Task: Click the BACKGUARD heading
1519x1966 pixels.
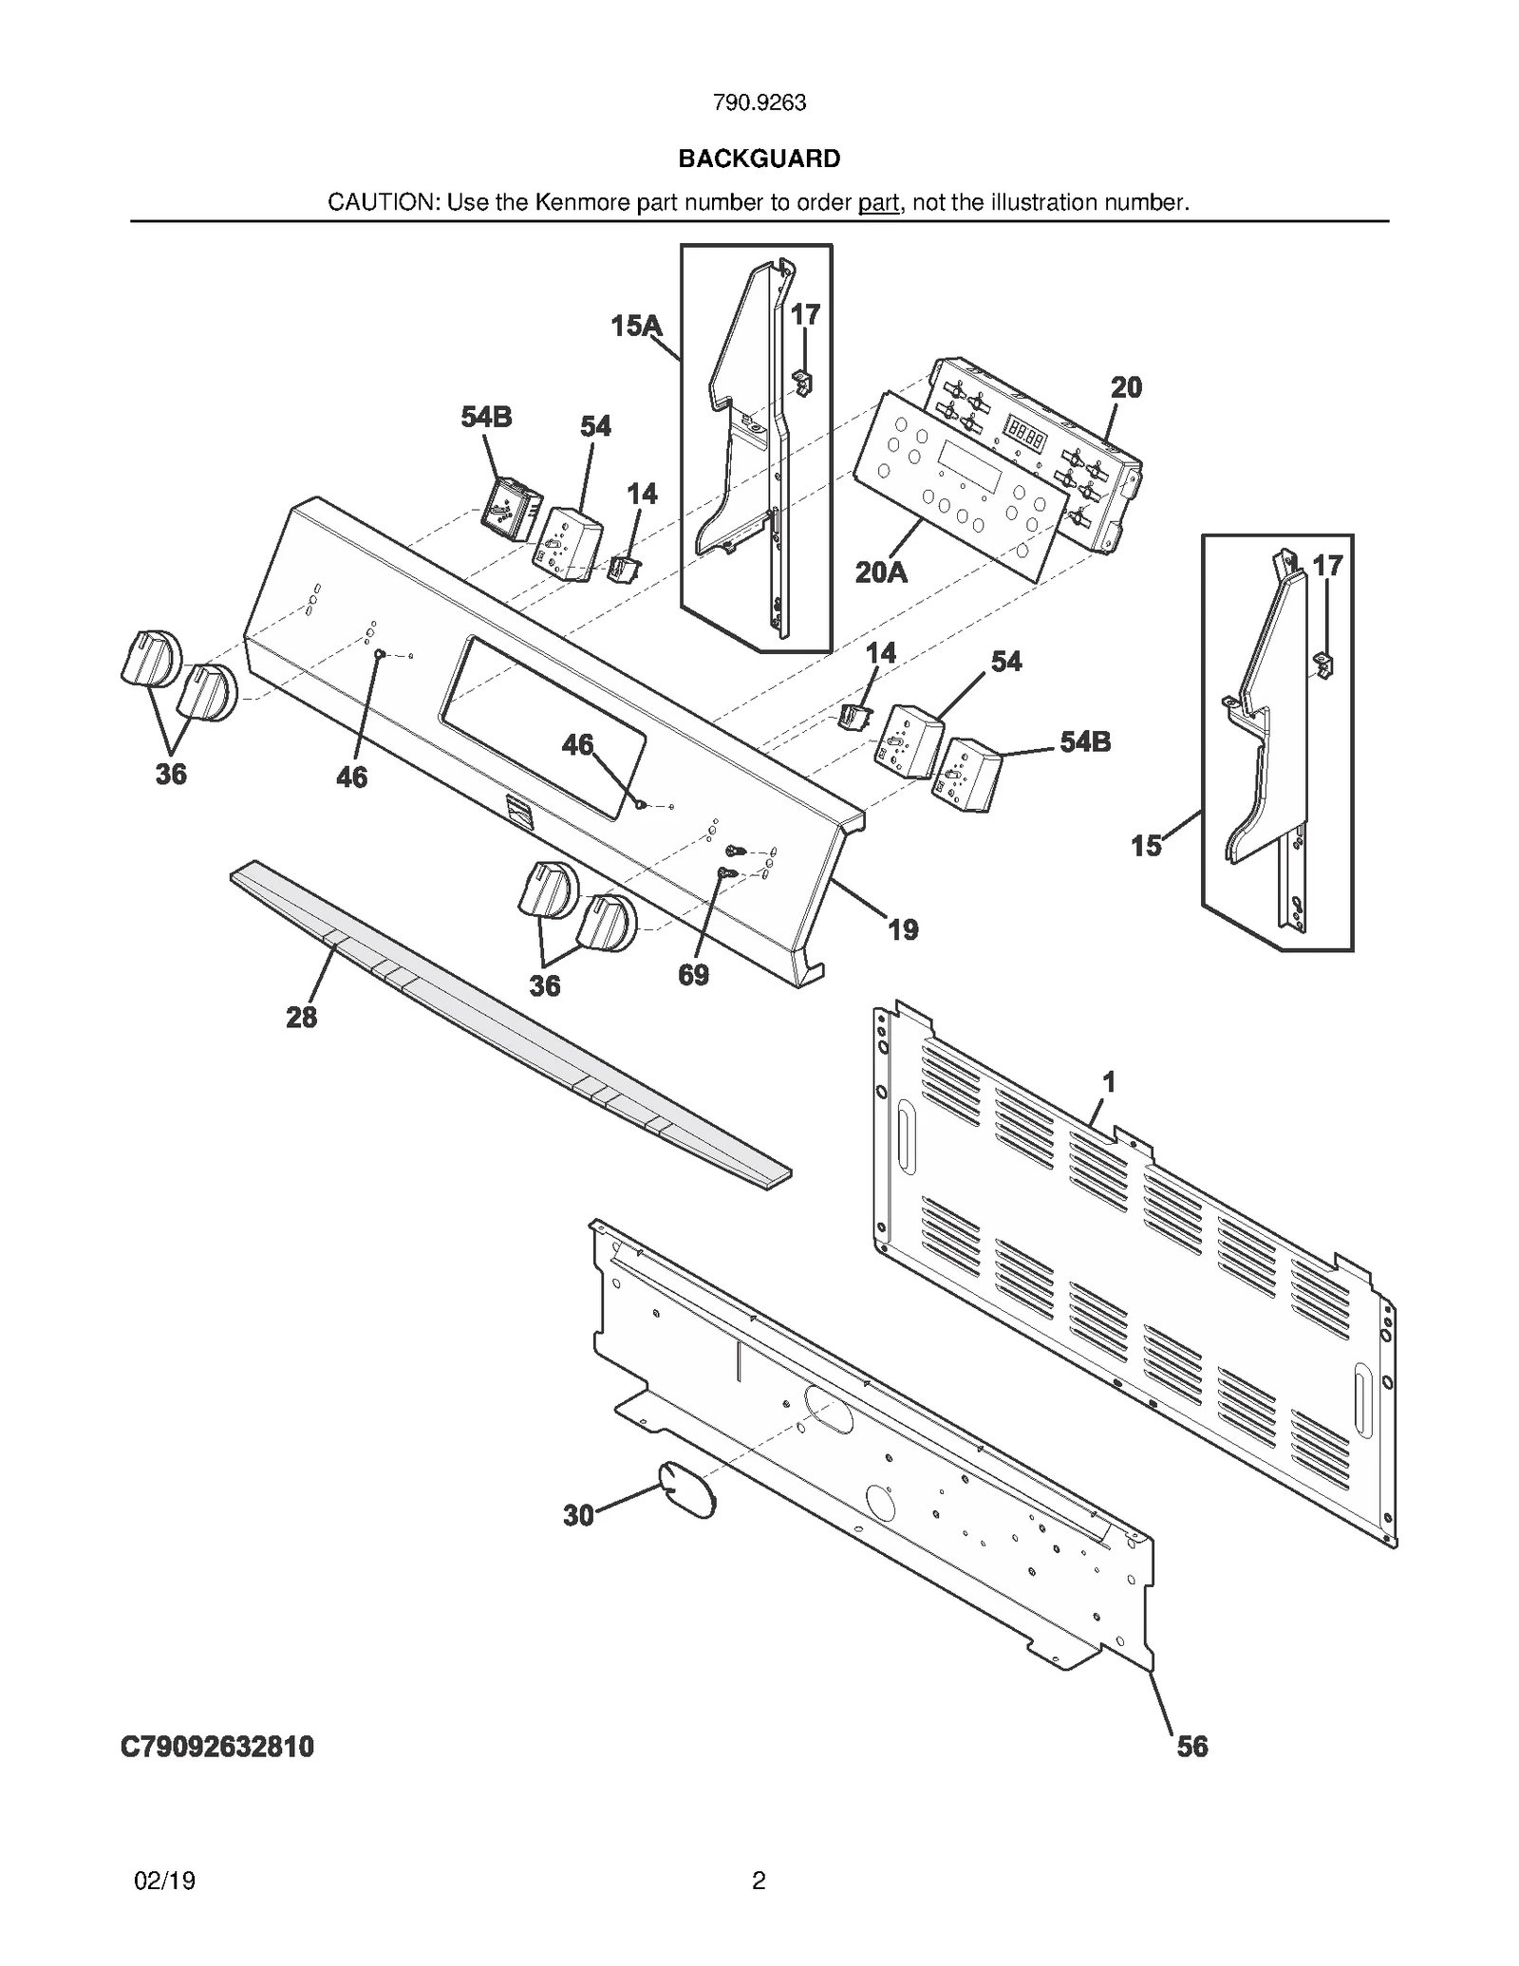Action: point(759,159)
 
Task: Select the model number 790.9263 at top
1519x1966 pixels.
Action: point(759,103)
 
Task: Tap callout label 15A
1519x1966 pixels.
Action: point(635,327)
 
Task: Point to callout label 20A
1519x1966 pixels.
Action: point(880,572)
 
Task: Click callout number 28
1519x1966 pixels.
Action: point(301,1018)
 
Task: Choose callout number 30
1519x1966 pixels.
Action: point(578,1515)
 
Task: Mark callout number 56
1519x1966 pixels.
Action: point(1191,1746)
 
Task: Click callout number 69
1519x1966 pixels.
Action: point(693,975)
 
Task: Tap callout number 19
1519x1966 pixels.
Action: point(903,929)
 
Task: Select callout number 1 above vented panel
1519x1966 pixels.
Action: point(1108,1081)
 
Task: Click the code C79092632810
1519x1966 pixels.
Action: point(217,1746)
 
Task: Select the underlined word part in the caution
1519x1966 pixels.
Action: point(878,202)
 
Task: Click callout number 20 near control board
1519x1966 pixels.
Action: point(1126,387)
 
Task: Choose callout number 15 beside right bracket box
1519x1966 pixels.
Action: point(1146,845)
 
